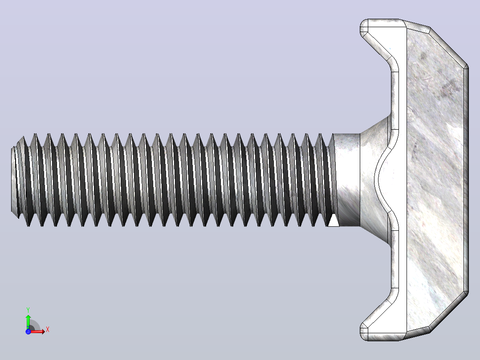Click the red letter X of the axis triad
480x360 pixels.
(x=48, y=330)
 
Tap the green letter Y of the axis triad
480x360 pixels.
(x=28, y=310)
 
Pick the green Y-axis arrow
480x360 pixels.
(x=28, y=322)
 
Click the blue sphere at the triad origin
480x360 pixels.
(x=28, y=331)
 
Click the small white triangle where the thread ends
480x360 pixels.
(x=334, y=220)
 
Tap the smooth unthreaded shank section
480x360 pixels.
(x=348, y=180)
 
